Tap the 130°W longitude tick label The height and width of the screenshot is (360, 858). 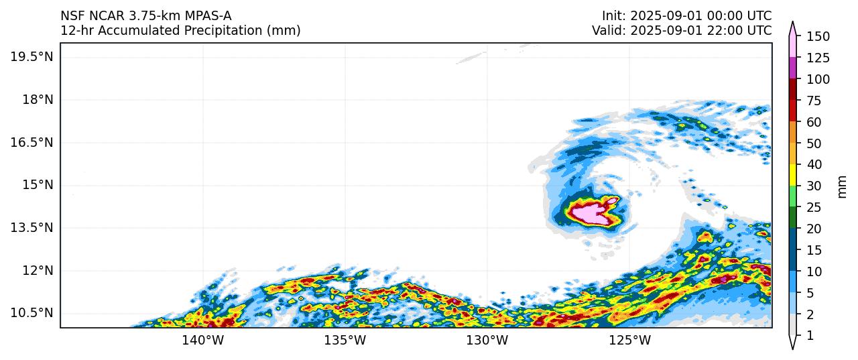(487, 341)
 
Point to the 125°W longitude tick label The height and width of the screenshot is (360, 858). (630, 341)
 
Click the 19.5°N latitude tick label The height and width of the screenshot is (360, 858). (32, 56)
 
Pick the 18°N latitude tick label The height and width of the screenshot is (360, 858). (37, 99)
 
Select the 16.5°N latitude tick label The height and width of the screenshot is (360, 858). (32, 142)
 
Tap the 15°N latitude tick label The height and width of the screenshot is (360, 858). (37, 184)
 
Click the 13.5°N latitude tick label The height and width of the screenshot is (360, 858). (32, 227)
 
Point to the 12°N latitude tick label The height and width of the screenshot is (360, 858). (37, 270)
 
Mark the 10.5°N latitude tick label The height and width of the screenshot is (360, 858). (32, 313)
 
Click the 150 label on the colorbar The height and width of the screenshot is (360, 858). (818, 36)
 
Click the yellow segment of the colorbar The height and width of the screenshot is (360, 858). (793, 175)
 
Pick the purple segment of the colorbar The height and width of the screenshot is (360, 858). (793, 68)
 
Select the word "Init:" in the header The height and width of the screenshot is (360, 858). (614, 15)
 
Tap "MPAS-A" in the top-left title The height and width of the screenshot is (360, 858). (208, 15)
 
